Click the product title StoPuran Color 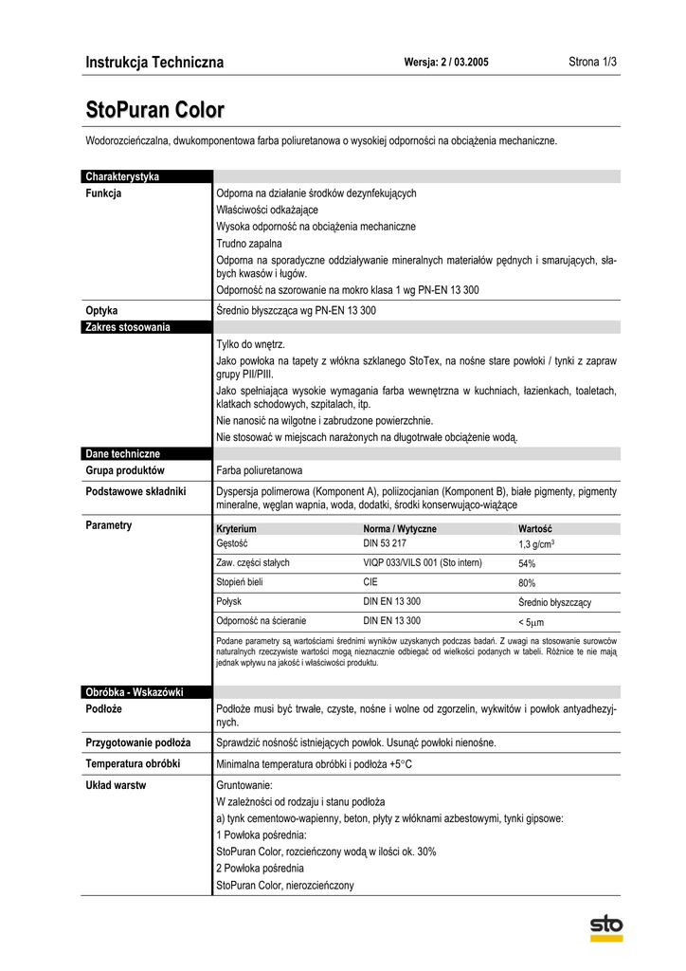[x=155, y=110]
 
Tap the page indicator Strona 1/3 [x=592, y=63]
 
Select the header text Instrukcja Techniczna [x=154, y=63]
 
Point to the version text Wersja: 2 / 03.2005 [x=446, y=63]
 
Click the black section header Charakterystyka [x=122, y=176]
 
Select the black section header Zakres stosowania [x=128, y=327]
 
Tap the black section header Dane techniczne [x=122, y=454]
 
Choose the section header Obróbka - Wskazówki [x=134, y=692]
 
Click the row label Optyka [x=101, y=310]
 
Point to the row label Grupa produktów [x=125, y=470]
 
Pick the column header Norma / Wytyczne [x=400, y=528]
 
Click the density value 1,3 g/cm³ [x=536, y=544]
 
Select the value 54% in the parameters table [x=527, y=563]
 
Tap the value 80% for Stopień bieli [x=527, y=583]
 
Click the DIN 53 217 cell [x=385, y=543]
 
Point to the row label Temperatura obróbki [x=133, y=763]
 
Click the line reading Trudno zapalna [x=243, y=244]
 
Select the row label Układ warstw [x=116, y=785]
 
